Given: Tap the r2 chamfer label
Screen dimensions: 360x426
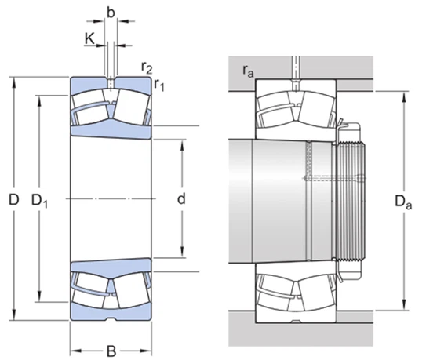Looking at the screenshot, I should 147,66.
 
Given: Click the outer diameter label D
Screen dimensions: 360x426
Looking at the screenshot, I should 13,200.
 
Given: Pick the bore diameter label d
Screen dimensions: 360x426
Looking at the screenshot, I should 180,199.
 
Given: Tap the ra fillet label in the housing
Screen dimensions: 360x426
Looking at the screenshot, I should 247,73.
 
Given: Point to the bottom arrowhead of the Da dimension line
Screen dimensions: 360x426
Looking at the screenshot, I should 404,307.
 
